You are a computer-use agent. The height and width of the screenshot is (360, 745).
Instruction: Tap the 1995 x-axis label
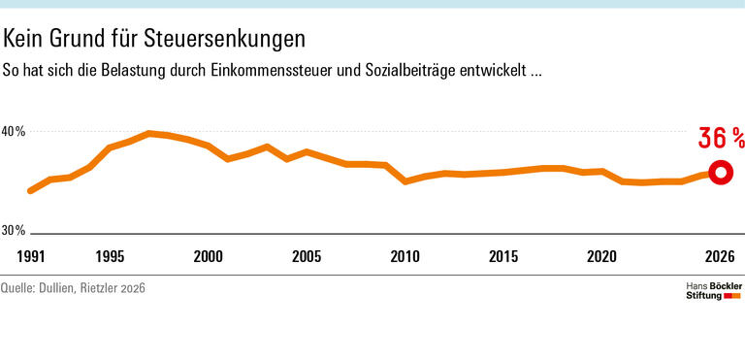pos(110,257)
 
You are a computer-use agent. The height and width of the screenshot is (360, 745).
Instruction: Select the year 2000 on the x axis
pos(209,257)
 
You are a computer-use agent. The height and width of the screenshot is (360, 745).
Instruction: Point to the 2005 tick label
pos(307,257)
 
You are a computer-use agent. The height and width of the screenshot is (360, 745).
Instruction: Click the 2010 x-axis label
pos(405,257)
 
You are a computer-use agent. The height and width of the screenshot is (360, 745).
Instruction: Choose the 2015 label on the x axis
pos(503,257)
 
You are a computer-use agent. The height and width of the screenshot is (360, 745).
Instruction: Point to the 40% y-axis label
pos(13,132)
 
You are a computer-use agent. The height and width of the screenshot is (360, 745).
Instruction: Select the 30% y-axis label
pos(13,231)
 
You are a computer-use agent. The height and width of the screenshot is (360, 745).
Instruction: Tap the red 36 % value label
pos(721,139)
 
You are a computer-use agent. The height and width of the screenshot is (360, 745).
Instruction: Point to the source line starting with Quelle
pos(73,288)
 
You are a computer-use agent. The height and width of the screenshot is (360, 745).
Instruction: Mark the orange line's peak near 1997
pos(149,133)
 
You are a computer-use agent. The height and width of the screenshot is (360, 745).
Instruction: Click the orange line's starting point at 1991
pos(30,191)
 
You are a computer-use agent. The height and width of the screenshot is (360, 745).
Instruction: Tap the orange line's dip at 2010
pos(405,180)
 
